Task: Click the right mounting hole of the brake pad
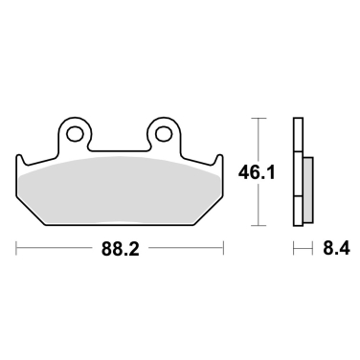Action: click(164, 132)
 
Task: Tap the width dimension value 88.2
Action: click(122, 250)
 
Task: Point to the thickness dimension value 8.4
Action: click(332, 250)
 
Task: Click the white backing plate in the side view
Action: click(297, 172)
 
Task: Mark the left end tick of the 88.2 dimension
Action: click(16, 250)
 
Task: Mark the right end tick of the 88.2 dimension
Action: click(225, 250)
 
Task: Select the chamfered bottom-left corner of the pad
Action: click(32, 214)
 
